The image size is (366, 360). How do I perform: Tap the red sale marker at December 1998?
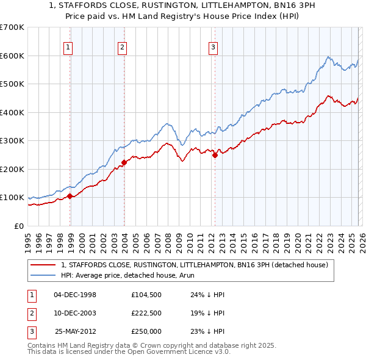click(70, 196)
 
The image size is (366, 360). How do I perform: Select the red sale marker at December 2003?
click(124, 162)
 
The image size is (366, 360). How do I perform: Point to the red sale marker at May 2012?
click(215, 155)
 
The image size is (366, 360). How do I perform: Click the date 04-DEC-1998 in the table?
click(75, 294)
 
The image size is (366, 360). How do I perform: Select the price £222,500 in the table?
click(146, 313)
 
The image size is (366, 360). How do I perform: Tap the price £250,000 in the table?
click(146, 331)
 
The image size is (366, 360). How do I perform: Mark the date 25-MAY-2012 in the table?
click(76, 331)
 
